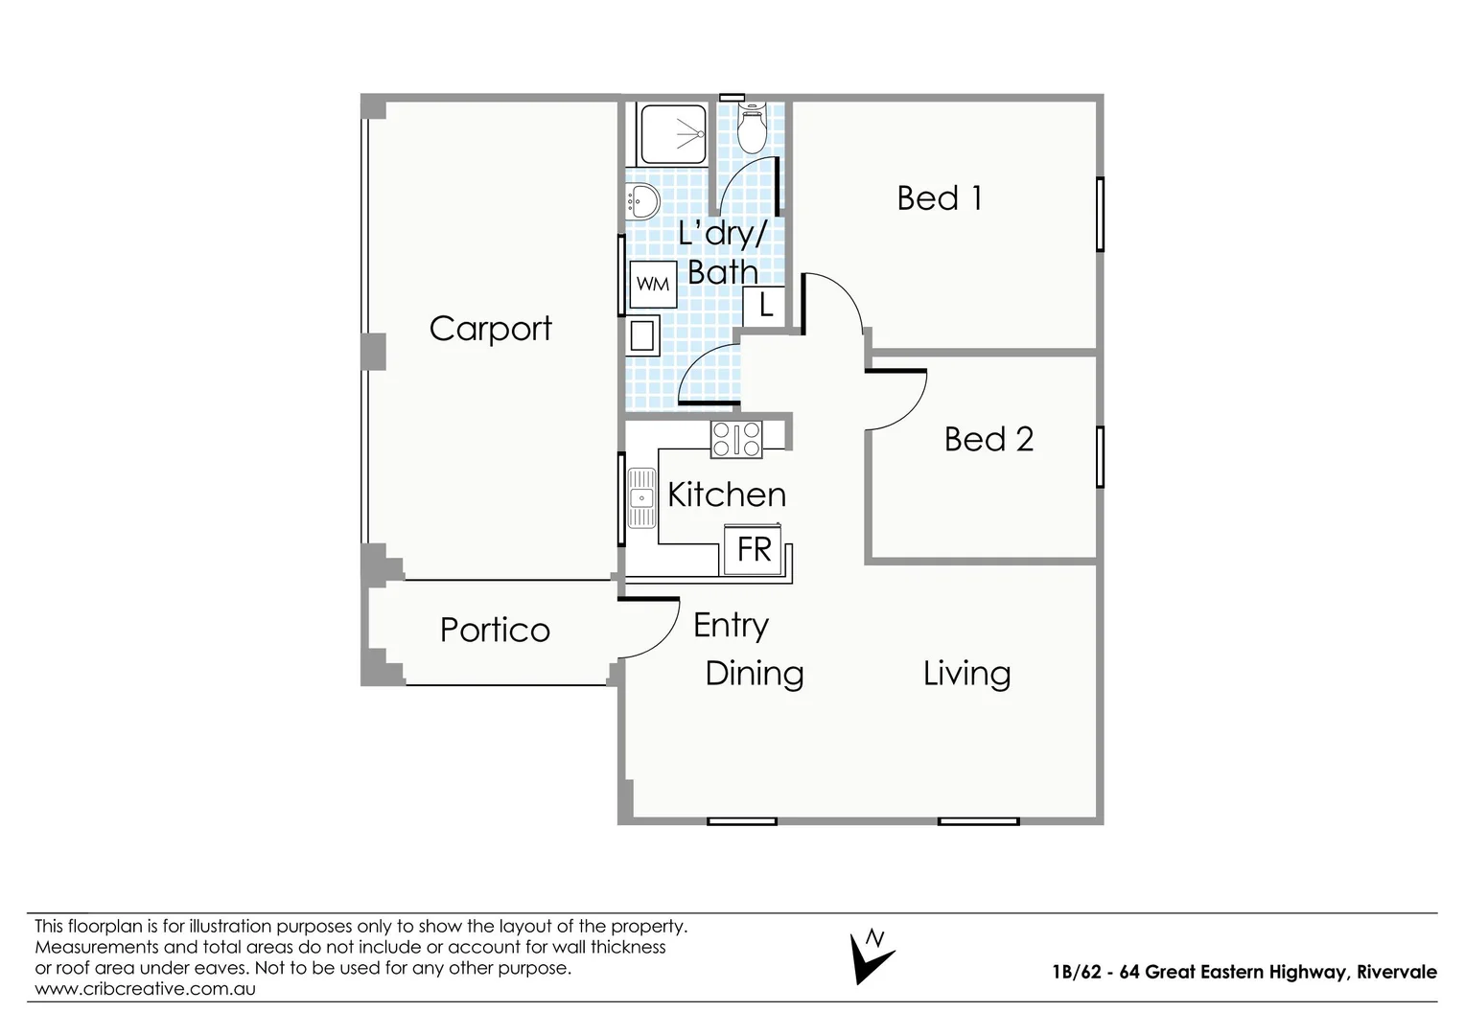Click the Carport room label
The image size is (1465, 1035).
point(490,329)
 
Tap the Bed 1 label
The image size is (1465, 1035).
point(939,198)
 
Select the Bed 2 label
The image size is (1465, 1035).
point(988,439)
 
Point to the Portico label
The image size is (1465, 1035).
point(495,630)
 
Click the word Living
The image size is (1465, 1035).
point(966,674)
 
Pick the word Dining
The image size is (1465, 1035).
point(755,674)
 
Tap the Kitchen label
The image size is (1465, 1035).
point(727,494)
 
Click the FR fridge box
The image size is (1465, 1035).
point(754,549)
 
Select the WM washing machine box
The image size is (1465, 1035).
point(653,285)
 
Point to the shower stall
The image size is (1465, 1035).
point(673,134)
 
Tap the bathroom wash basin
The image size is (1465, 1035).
point(642,201)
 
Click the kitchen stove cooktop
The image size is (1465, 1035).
point(736,440)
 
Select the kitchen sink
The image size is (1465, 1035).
point(641,497)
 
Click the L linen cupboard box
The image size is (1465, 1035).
point(765,306)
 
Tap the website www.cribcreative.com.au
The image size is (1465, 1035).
point(145,989)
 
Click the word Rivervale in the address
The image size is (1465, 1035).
point(1396,972)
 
